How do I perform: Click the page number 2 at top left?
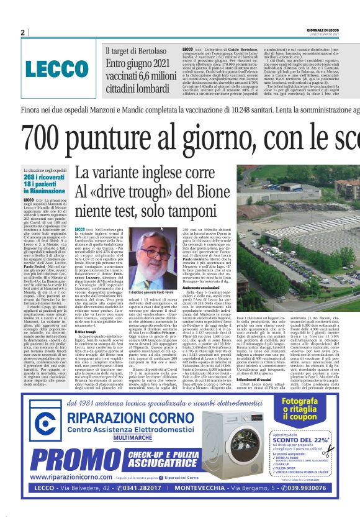[x=22, y=32]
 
